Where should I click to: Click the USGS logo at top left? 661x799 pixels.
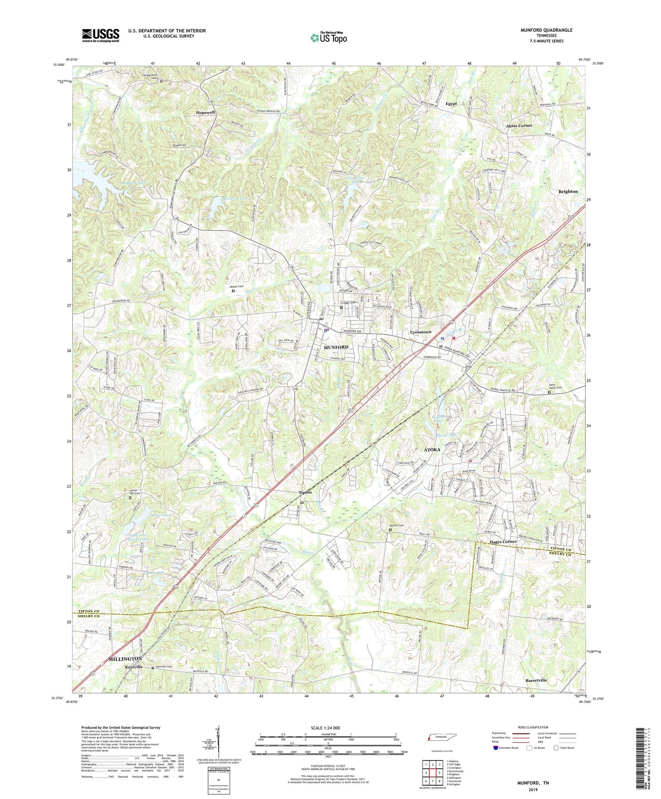coord(101,35)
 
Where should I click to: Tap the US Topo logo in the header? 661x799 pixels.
coord(328,38)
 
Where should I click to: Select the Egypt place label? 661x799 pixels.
coord(451,104)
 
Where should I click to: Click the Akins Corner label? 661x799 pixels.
coord(519,125)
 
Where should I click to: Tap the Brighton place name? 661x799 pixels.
coord(568,191)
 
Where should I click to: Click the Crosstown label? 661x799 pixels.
coord(420,332)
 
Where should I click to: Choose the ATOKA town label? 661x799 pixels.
coord(432,449)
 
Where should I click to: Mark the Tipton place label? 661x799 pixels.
coord(305,492)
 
